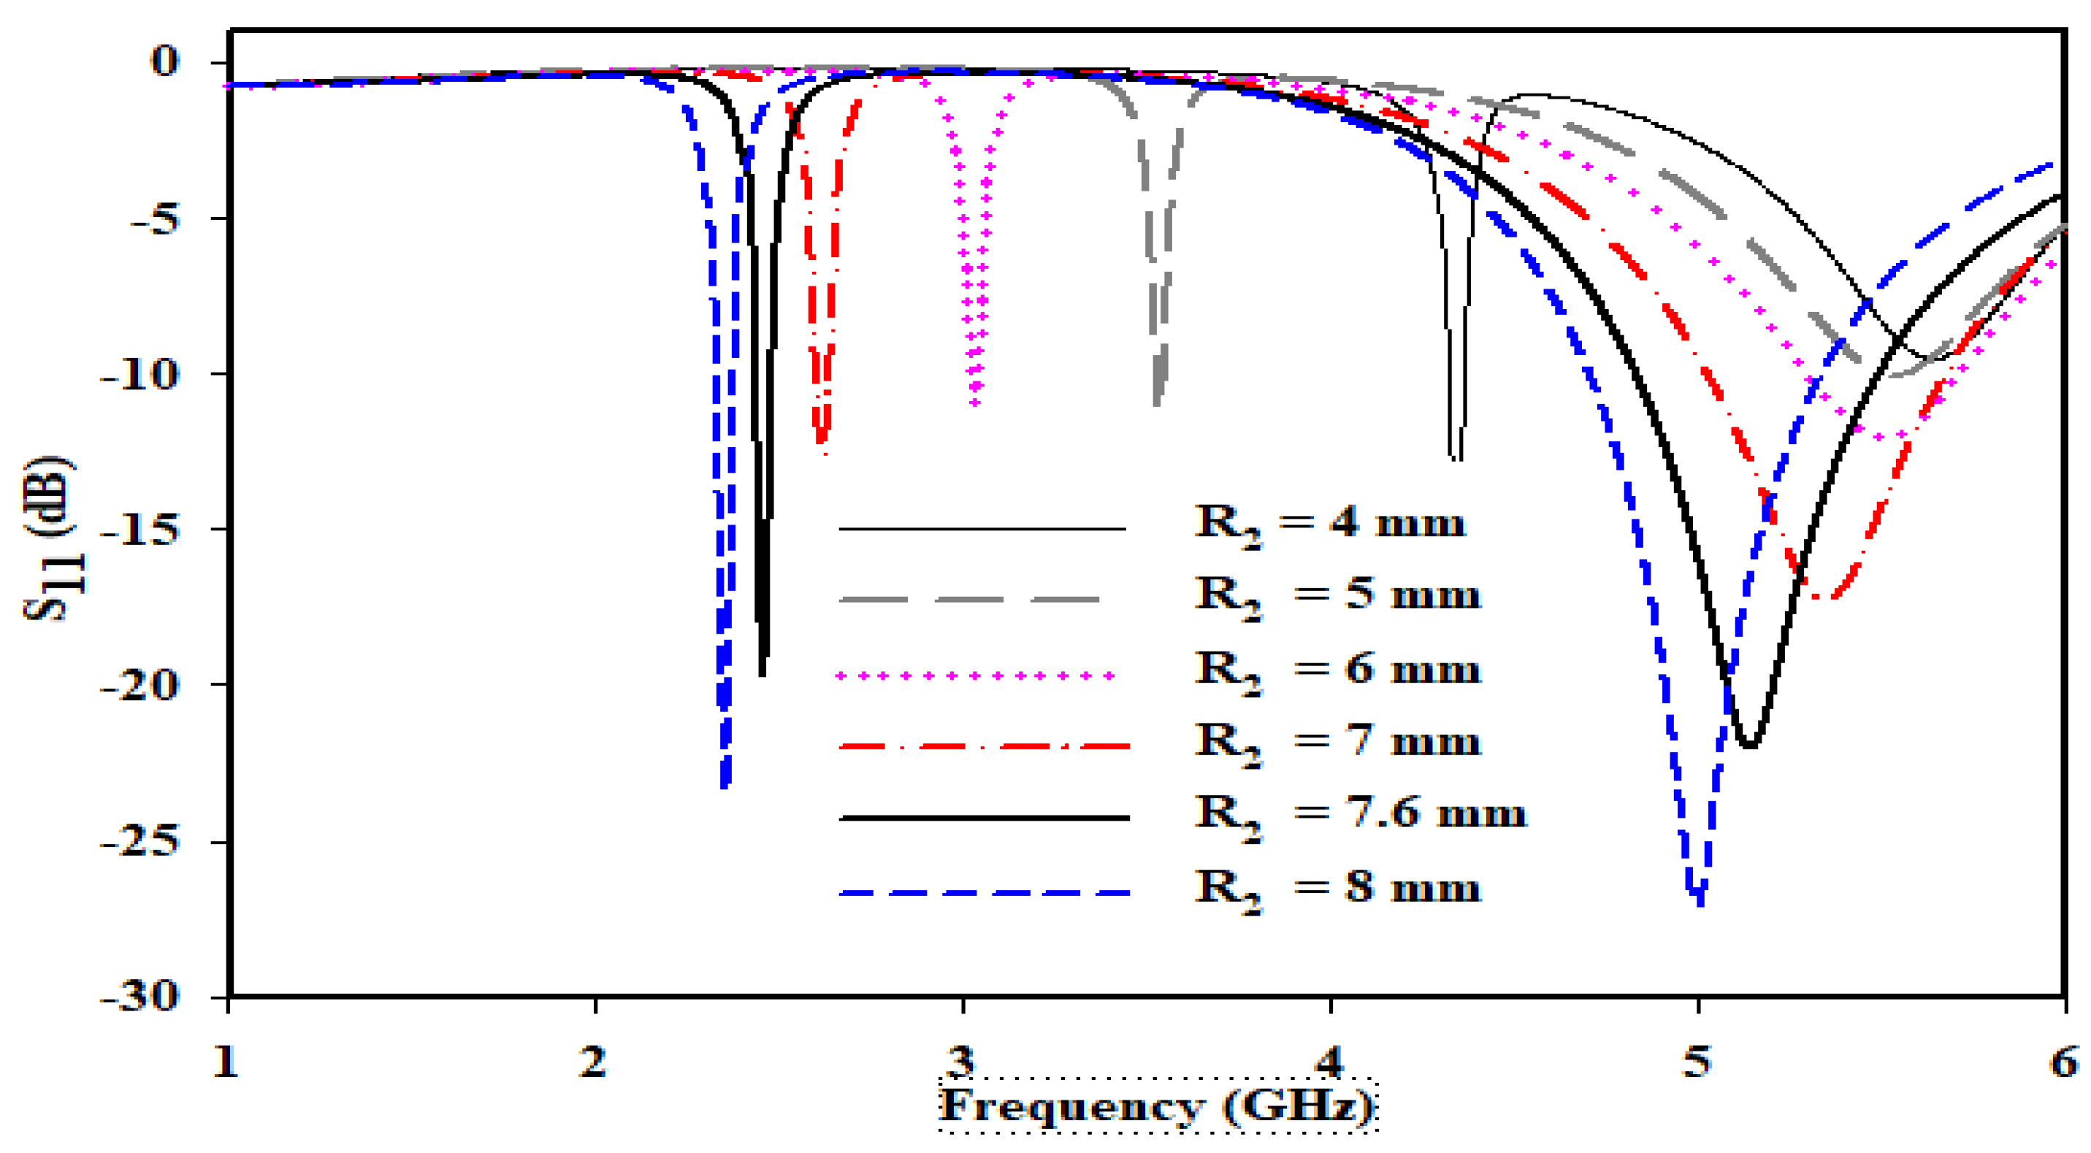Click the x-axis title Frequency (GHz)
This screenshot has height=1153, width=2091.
[1157, 1106]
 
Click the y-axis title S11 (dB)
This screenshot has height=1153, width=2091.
[50, 540]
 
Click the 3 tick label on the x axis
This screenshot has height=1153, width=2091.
[962, 1061]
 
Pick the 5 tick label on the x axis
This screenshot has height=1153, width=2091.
[1697, 1061]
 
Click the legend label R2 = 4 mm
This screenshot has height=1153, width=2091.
[1329, 524]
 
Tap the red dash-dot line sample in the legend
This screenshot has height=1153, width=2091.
[982, 745]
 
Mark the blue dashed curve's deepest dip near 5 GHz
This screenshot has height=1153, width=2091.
[1700, 899]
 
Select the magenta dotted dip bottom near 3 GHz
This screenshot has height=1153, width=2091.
[975, 401]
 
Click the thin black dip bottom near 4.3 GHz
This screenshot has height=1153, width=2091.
[1456, 458]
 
